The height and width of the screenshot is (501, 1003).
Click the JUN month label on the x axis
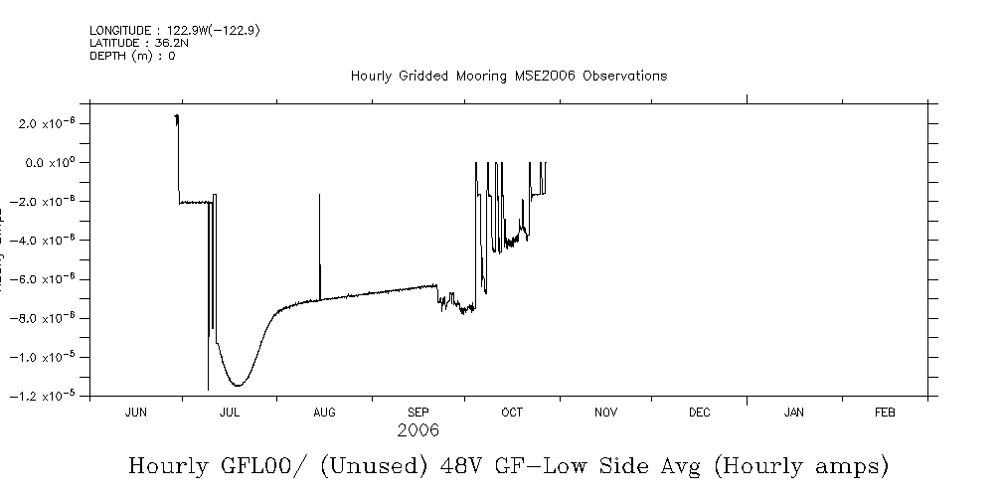[x=136, y=413]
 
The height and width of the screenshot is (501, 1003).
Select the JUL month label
[x=229, y=413]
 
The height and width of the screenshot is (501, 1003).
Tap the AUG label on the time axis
[x=324, y=413]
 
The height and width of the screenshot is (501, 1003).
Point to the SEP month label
[x=418, y=413]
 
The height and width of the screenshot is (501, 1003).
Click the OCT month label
[x=512, y=413]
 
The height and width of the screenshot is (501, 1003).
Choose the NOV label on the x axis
[x=606, y=413]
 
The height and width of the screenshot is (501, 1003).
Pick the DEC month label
[x=699, y=413]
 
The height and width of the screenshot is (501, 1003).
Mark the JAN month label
[x=794, y=413]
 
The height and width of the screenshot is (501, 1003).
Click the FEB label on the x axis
[x=885, y=413]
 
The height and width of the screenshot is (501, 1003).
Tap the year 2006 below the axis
[x=418, y=431]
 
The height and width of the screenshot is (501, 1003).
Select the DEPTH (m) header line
[x=132, y=56]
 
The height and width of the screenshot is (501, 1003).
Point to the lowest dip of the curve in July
[x=238, y=385]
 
